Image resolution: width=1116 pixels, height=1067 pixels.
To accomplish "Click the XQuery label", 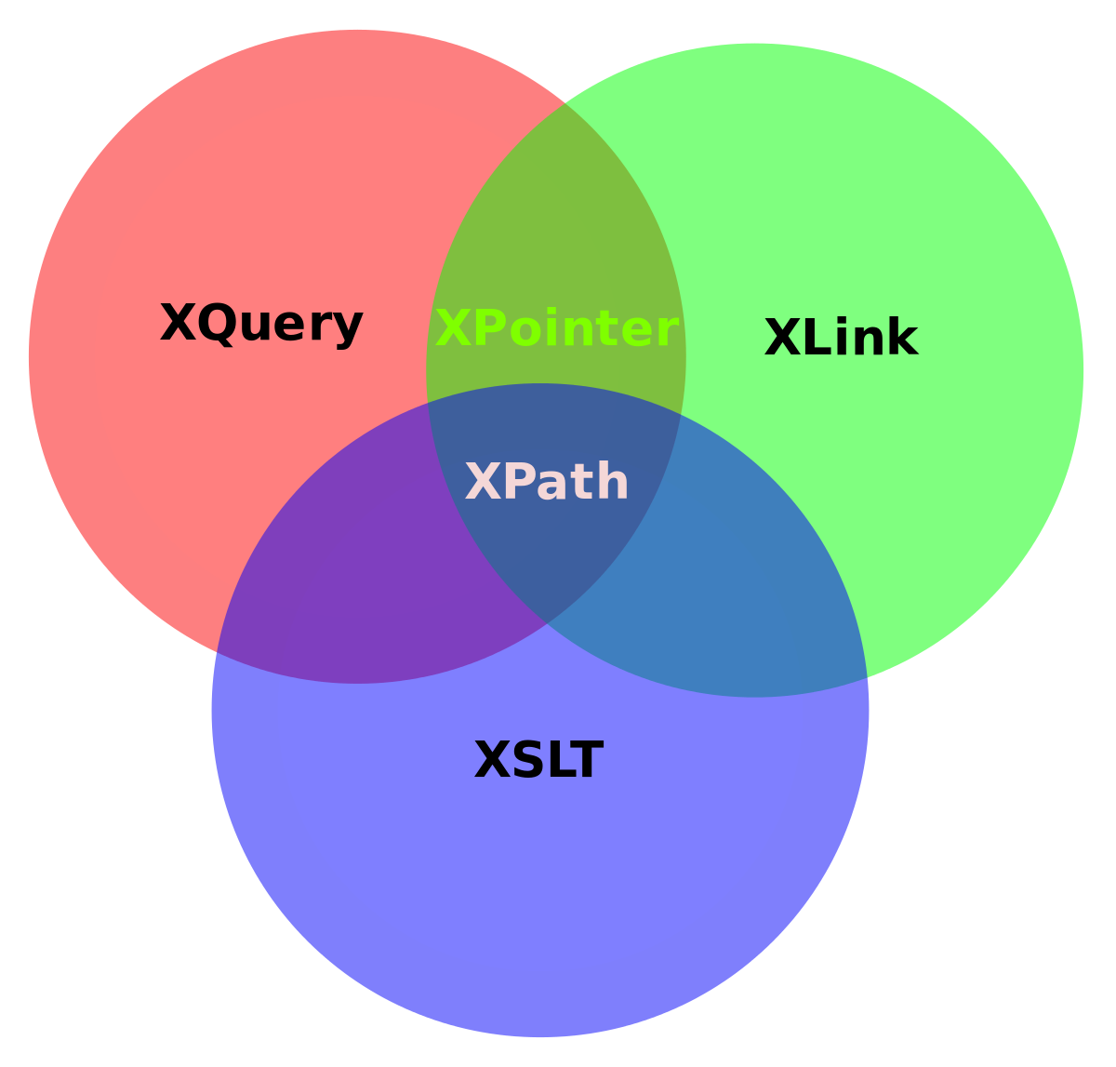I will point(261,325).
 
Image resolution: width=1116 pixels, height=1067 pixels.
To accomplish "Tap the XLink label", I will point(841,338).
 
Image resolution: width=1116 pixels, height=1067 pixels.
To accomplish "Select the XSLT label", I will point(538,761).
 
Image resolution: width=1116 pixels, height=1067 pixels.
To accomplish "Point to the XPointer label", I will point(556,329).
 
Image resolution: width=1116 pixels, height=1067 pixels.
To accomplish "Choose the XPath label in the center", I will point(547,483).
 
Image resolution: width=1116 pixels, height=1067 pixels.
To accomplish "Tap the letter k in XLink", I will point(902,338).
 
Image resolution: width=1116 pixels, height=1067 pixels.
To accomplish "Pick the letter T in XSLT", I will point(587,761).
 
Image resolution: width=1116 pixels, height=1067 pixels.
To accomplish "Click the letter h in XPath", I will point(613,482).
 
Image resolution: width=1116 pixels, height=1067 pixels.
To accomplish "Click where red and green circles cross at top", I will point(565,102).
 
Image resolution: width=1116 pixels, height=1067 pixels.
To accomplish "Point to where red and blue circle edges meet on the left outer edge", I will point(217,652).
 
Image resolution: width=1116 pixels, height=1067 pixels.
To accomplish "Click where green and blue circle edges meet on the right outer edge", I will point(867,677).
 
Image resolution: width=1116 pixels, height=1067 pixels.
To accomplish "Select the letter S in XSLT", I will point(527,761).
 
